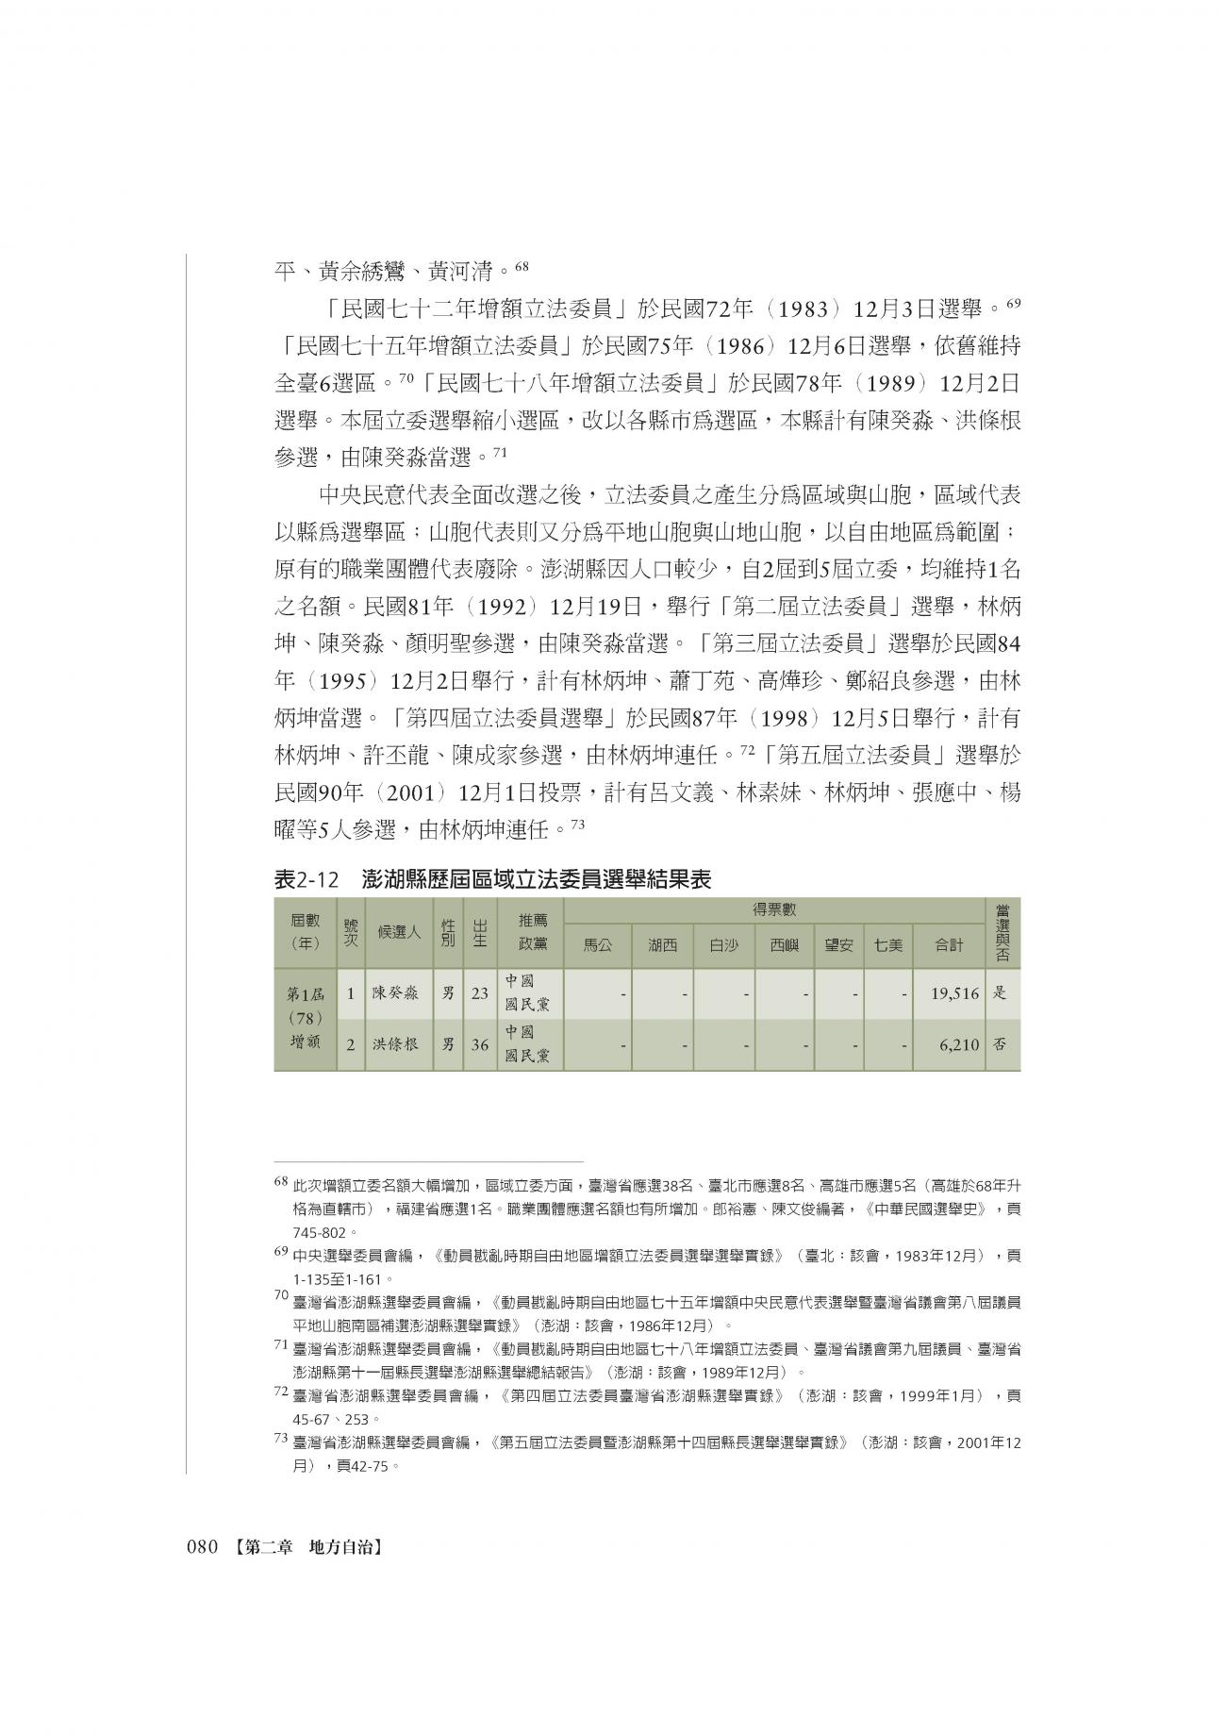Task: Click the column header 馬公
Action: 598,943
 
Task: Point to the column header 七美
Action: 887,943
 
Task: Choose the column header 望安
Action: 838,943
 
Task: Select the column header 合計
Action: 948,943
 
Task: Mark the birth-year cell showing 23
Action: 480,993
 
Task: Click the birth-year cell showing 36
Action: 480,1045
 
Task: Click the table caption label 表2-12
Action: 306,879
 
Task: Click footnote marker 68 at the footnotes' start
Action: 280,1180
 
